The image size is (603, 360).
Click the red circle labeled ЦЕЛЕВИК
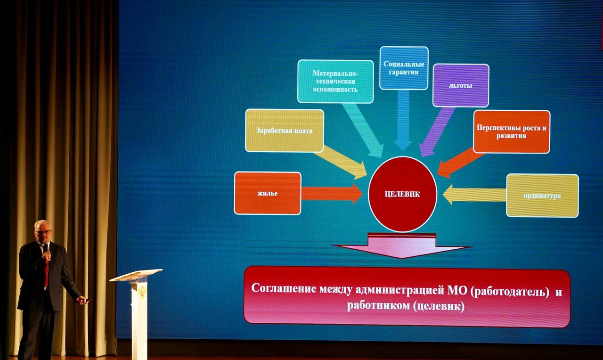tap(402, 194)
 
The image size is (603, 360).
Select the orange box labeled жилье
tap(268, 193)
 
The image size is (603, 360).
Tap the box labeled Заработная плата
tap(285, 131)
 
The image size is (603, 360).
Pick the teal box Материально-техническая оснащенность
tap(335, 82)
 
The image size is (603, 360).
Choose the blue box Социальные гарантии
tap(404, 68)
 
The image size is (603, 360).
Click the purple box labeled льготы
tap(461, 85)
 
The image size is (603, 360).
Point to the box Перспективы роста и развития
tap(512, 131)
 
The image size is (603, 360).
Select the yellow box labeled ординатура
tap(542, 196)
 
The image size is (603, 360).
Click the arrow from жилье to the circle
tap(332, 194)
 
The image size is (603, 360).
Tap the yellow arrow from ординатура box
tap(474, 195)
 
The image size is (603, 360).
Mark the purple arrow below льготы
tap(436, 132)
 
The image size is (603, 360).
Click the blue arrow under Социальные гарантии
tap(403, 120)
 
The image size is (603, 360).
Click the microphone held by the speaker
tap(47, 247)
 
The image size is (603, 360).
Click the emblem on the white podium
tap(142, 293)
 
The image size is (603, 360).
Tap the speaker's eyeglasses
tap(43, 231)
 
